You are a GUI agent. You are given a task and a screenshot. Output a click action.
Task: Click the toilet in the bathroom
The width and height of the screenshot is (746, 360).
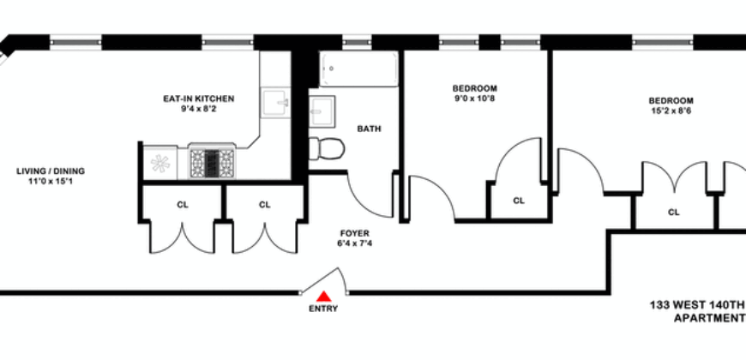click(327, 149)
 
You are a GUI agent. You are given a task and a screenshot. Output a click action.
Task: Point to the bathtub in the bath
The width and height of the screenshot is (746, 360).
click(358, 69)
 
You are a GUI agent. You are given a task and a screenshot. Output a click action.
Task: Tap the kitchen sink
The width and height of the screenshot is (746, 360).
click(275, 102)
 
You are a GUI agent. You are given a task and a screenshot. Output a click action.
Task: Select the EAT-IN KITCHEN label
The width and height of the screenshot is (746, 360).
click(199, 99)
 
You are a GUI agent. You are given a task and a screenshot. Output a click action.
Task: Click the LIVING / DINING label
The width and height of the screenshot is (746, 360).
click(51, 171)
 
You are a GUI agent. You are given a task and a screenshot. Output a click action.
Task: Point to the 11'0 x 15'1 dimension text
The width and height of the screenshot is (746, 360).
click(51, 182)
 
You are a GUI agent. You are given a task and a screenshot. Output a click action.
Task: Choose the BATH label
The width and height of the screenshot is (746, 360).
click(370, 129)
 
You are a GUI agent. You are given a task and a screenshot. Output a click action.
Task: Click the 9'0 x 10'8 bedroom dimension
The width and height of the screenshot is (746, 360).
click(474, 99)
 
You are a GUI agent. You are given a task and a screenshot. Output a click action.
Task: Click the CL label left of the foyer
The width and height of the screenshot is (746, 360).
click(265, 204)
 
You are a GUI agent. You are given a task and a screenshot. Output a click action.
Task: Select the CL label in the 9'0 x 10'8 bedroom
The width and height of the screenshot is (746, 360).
click(519, 201)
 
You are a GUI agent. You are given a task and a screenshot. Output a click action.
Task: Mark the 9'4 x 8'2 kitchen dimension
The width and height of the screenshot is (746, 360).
click(199, 110)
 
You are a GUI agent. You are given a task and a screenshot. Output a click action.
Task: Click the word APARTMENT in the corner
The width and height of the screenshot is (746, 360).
click(710, 317)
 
